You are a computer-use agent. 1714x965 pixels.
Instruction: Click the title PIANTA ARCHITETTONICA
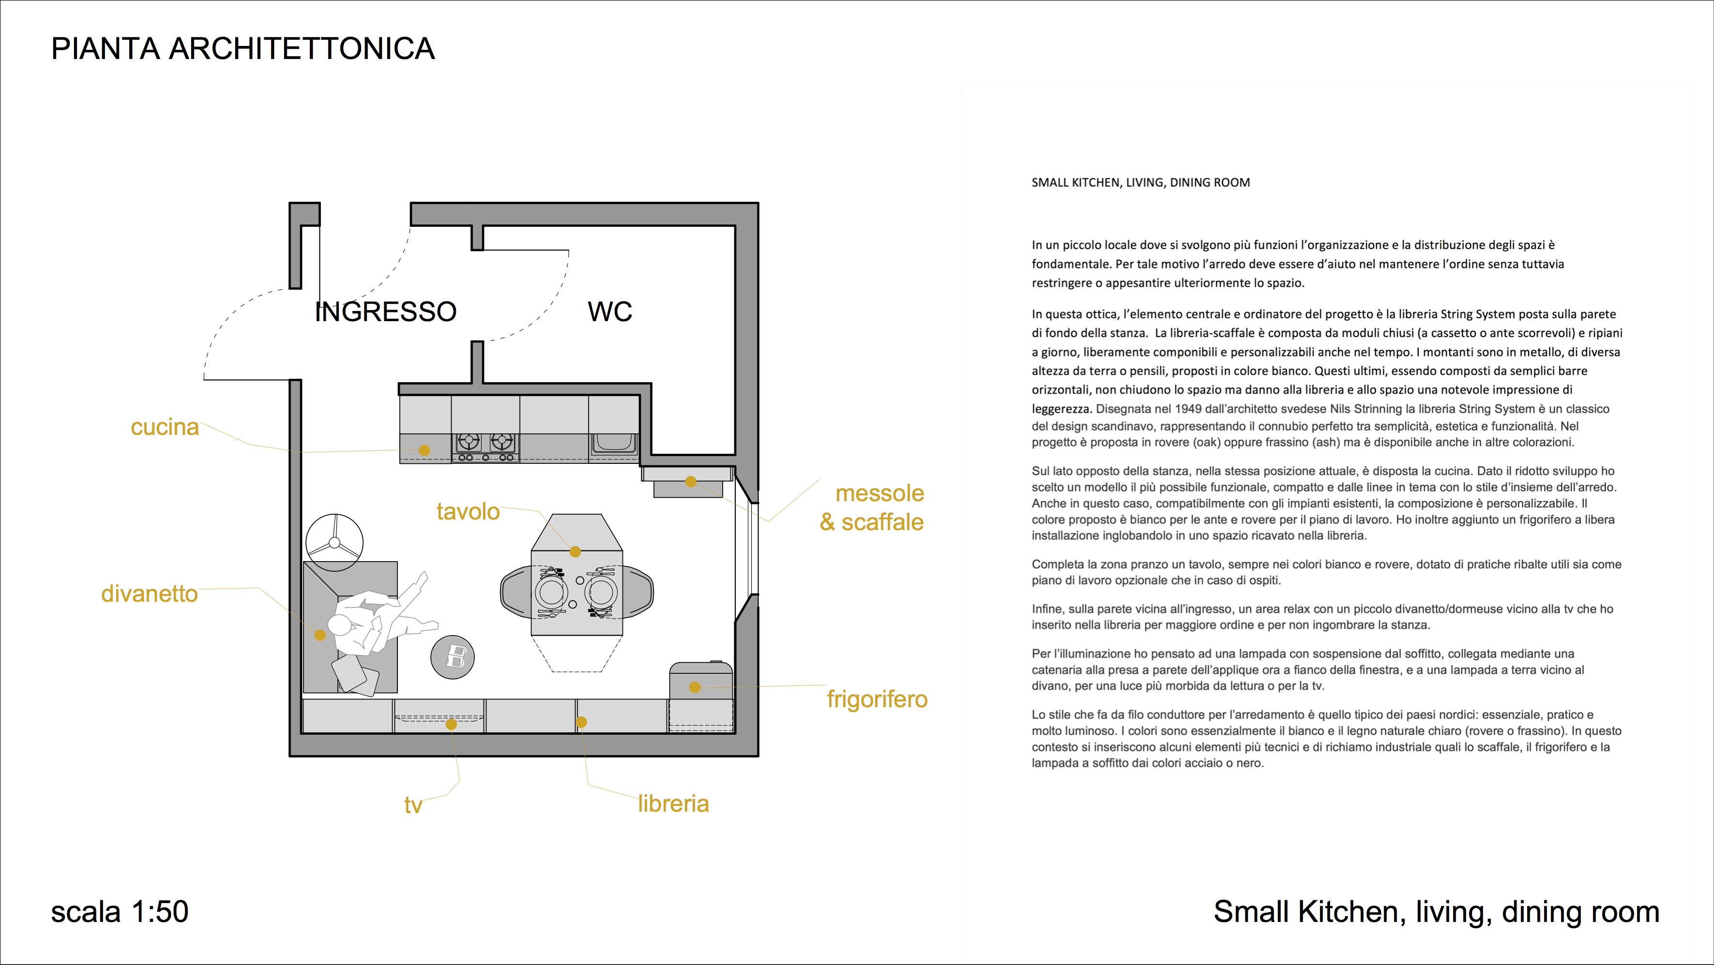[x=243, y=48]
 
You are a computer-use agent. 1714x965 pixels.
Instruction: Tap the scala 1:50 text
[x=120, y=911]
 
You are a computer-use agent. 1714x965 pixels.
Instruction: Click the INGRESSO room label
[x=386, y=311]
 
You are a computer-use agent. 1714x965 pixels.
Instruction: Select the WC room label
[x=609, y=311]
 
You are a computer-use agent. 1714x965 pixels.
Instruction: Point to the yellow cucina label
[x=165, y=427]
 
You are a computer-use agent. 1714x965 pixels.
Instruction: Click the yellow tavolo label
[x=468, y=511]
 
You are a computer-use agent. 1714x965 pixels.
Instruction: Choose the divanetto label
[x=149, y=593]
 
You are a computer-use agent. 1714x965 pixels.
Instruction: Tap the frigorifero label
[x=877, y=699]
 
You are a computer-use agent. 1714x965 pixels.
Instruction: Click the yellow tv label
[x=413, y=805]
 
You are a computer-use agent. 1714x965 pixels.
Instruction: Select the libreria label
[x=673, y=803]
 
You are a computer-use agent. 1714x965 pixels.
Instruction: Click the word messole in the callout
[x=880, y=493]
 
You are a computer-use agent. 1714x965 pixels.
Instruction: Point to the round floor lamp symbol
[x=334, y=542]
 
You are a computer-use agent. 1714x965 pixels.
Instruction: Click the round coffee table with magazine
[x=453, y=657]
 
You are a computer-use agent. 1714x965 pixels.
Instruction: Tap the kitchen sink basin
[x=613, y=444]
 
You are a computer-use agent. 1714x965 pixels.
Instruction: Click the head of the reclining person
[x=339, y=625]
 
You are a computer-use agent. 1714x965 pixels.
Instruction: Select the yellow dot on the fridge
[x=695, y=687]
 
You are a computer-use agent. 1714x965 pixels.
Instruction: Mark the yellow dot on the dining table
[x=575, y=551]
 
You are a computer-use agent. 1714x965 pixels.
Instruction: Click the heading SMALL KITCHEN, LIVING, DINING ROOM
[x=1140, y=182]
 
